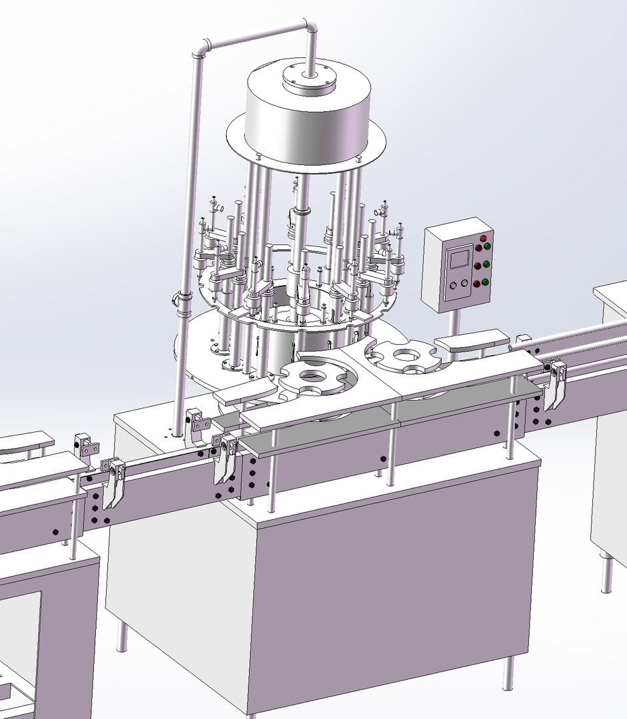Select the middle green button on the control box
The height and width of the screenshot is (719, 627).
pyautogui.click(x=486, y=264)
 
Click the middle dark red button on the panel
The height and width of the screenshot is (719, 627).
pyautogui.click(x=478, y=267)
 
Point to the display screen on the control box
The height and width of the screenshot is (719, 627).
pyautogui.click(x=459, y=258)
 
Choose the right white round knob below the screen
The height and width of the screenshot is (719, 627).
pyautogui.click(x=463, y=283)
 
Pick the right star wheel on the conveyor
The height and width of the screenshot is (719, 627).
pyautogui.click(x=404, y=357)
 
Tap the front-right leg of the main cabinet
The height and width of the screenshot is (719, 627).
pyautogui.click(x=508, y=672)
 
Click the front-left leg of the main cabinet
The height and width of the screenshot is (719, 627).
pyautogui.click(x=123, y=635)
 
